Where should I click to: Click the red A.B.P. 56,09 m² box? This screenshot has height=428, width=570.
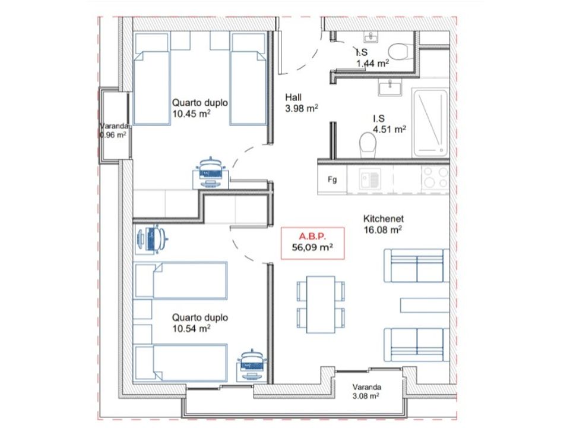pos(313,243)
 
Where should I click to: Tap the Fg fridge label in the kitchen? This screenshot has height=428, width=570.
pos(332,180)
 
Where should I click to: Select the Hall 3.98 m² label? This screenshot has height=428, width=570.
pos(302,103)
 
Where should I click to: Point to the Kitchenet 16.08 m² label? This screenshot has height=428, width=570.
pos(383,224)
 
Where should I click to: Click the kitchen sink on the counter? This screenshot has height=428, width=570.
pos(370,180)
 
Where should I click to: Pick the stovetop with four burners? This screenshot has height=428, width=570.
pos(435,177)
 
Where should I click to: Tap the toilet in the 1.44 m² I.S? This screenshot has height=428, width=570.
pos(400,52)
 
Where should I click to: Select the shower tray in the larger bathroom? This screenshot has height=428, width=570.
pos(430,122)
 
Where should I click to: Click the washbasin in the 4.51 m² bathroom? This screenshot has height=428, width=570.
pos(390,87)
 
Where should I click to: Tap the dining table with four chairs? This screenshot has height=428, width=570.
pos(320,304)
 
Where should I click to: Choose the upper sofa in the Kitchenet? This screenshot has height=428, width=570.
pos(417,266)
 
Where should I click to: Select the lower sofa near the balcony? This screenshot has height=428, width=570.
pos(417,345)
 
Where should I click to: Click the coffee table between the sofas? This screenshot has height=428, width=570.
pos(425,306)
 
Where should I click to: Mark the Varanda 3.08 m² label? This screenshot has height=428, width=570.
pos(366,391)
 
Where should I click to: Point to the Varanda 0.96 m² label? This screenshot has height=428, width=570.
pos(113,130)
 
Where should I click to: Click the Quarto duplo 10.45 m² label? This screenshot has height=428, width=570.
pos(200,108)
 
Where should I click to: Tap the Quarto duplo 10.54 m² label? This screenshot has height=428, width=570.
pos(200,323)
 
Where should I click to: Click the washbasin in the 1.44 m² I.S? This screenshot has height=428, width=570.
pos(370,36)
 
